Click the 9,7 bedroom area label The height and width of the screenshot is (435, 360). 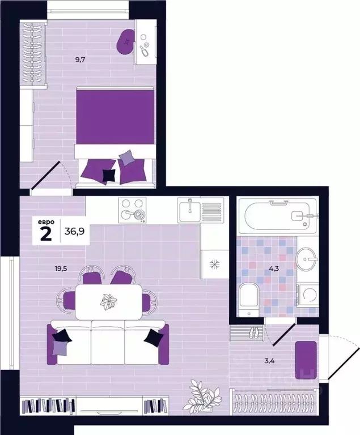tap(80, 59)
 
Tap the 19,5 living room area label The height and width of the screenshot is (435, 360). tap(61, 268)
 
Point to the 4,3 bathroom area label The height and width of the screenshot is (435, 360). tap(274, 268)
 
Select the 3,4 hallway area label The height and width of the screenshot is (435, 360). tap(269, 361)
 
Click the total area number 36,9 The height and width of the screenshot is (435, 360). tap(74, 231)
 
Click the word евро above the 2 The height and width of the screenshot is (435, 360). tap(46, 222)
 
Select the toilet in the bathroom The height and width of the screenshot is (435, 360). tap(249, 300)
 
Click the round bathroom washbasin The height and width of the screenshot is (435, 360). tap(306, 259)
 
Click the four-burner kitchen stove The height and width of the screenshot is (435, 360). tap(132, 210)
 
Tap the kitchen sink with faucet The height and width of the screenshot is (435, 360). tap(201, 210)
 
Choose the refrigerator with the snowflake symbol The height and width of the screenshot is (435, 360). tap(214, 264)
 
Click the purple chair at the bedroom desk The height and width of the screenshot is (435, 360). tap(125, 42)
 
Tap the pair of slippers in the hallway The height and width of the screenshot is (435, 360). tap(255, 332)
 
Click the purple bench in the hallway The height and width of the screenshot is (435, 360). tap(306, 360)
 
